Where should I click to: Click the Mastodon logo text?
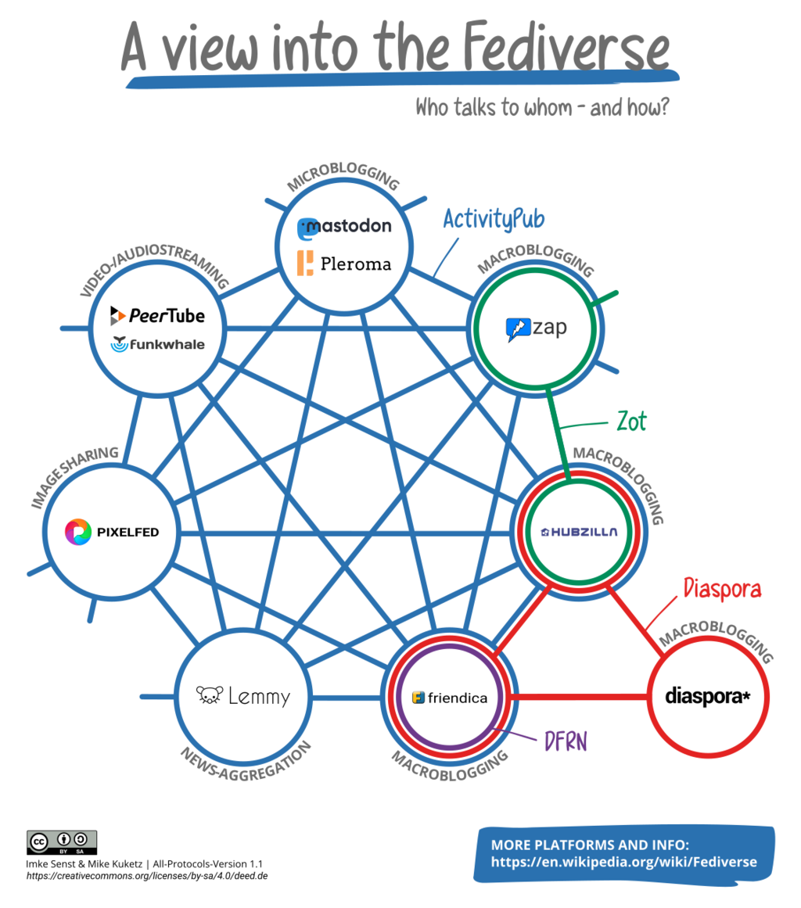(x=344, y=228)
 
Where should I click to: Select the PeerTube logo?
(x=157, y=315)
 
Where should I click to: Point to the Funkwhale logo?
(x=157, y=343)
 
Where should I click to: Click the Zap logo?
(x=536, y=328)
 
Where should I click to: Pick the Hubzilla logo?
(x=579, y=532)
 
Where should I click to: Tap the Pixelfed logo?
(x=112, y=533)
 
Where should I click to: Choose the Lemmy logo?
(x=242, y=695)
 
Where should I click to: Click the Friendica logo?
(x=449, y=698)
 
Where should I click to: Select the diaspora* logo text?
(x=707, y=695)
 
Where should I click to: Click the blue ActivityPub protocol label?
(x=493, y=219)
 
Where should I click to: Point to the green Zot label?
(x=631, y=422)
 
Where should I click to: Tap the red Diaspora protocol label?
(x=721, y=587)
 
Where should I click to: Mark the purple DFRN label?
(x=565, y=741)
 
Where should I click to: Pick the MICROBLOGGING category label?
(x=343, y=174)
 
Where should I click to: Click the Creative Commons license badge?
(x=62, y=842)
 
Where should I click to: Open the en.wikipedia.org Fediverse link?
(x=623, y=862)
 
